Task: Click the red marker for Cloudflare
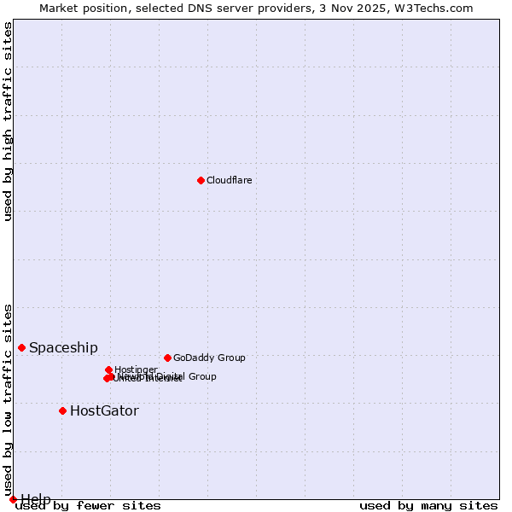click(x=201, y=180)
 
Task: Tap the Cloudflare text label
click(x=229, y=180)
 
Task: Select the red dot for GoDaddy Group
click(x=167, y=358)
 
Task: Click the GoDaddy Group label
click(x=209, y=358)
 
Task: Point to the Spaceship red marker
click(x=22, y=347)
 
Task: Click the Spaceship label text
click(x=63, y=347)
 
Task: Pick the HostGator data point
click(x=62, y=410)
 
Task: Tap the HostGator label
click(x=104, y=410)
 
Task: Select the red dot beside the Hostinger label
click(x=108, y=369)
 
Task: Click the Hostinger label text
click(x=136, y=369)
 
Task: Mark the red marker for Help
click(x=13, y=499)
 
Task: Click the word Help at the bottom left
click(x=36, y=499)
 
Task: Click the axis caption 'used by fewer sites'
click(x=88, y=506)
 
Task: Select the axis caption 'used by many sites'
click(x=428, y=506)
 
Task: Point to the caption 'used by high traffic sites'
click(x=9, y=121)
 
